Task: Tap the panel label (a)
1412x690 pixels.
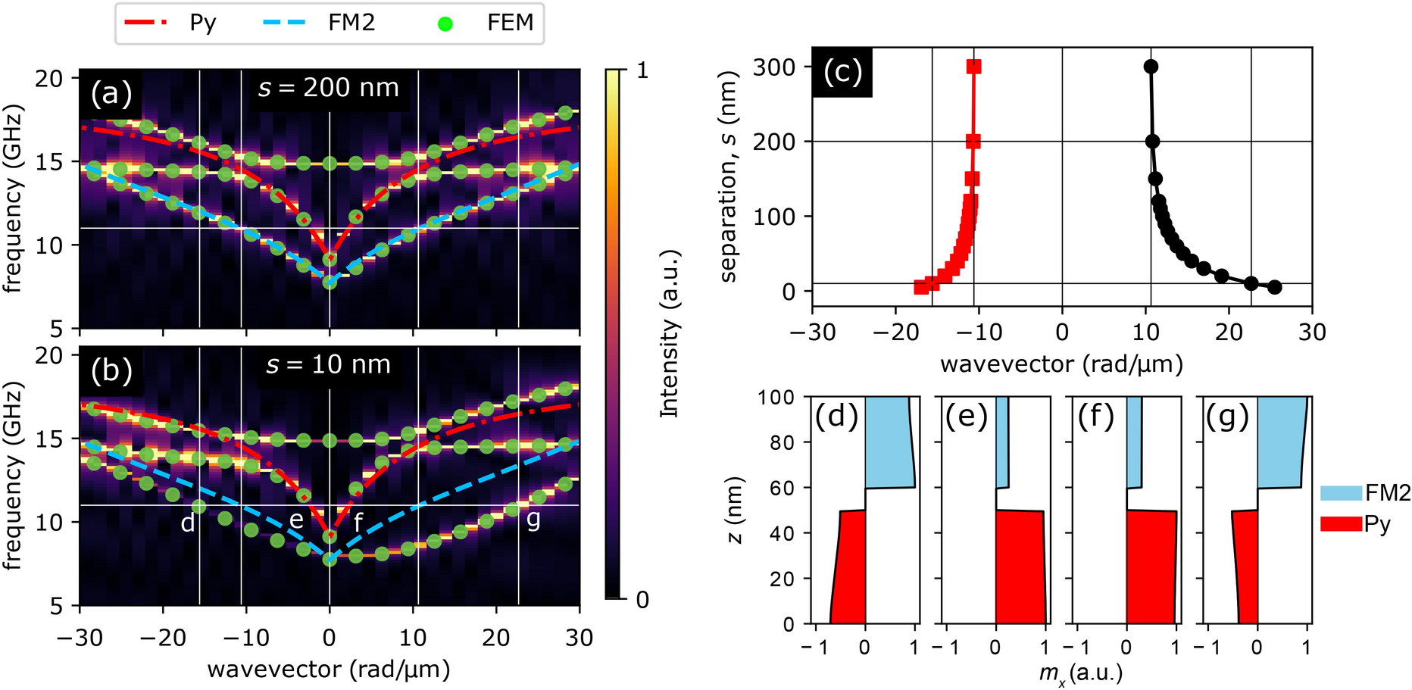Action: pyautogui.click(x=111, y=93)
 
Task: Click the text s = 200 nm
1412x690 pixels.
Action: pyautogui.click(x=329, y=89)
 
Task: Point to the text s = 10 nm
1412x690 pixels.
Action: pyautogui.click(x=329, y=365)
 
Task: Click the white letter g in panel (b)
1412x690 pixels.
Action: pyautogui.click(x=534, y=519)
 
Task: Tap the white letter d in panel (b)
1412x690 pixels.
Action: pyautogui.click(x=188, y=522)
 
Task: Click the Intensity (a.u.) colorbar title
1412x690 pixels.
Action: pyautogui.click(x=670, y=333)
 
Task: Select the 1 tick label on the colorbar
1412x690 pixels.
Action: pyautogui.click(x=642, y=70)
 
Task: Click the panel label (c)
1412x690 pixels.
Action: pyautogui.click(x=842, y=73)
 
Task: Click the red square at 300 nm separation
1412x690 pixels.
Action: pyautogui.click(x=974, y=67)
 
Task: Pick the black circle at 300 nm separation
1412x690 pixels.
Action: pyautogui.click(x=1151, y=67)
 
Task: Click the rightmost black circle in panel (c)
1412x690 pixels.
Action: pyautogui.click(x=1275, y=287)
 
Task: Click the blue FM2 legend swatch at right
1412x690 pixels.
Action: pyautogui.click(x=1341, y=493)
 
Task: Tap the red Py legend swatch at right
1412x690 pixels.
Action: pyautogui.click(x=1341, y=523)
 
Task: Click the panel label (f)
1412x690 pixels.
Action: pyautogui.click(x=1096, y=417)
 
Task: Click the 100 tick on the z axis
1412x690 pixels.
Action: pyautogui.click(x=776, y=397)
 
